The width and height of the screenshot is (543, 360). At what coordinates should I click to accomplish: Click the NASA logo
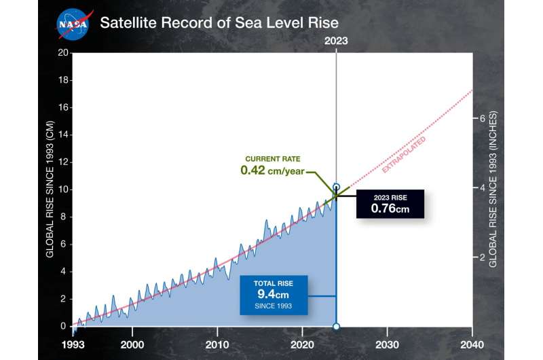pos(73,23)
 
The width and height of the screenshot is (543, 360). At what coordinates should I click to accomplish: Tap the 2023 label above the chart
pos(336,41)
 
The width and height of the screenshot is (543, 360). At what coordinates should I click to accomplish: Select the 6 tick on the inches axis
pos(483,118)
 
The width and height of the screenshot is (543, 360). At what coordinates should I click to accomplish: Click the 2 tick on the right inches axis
pos(483,257)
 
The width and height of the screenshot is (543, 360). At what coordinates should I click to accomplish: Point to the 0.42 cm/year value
pos(272,170)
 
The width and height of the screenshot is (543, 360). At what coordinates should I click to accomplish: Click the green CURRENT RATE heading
pos(272,158)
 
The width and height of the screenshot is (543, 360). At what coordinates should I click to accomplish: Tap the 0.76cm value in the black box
pos(390,208)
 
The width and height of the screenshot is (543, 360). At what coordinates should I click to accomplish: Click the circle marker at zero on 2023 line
pos(337,327)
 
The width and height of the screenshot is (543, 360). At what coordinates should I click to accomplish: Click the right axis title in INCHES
pos(494,190)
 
